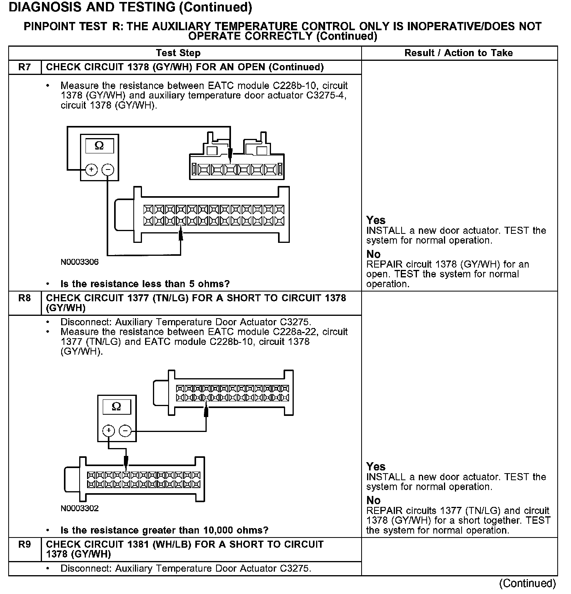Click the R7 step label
click(x=24, y=67)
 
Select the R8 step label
click(x=24, y=298)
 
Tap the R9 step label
click(x=24, y=545)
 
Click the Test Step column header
click(x=178, y=53)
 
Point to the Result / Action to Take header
click(x=458, y=53)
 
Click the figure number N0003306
click(x=80, y=262)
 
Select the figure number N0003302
click(x=80, y=508)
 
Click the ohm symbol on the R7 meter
click(x=99, y=146)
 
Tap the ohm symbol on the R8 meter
click(x=116, y=406)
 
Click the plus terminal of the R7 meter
click(x=91, y=170)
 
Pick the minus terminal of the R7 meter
click(x=108, y=170)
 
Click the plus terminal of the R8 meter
click(x=108, y=431)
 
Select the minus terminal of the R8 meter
click(x=125, y=431)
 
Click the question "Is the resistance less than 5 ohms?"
click(x=145, y=284)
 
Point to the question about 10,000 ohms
click(x=164, y=530)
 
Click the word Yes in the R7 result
click(x=376, y=220)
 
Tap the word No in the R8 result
click(x=373, y=500)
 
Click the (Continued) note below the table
click(x=527, y=583)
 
